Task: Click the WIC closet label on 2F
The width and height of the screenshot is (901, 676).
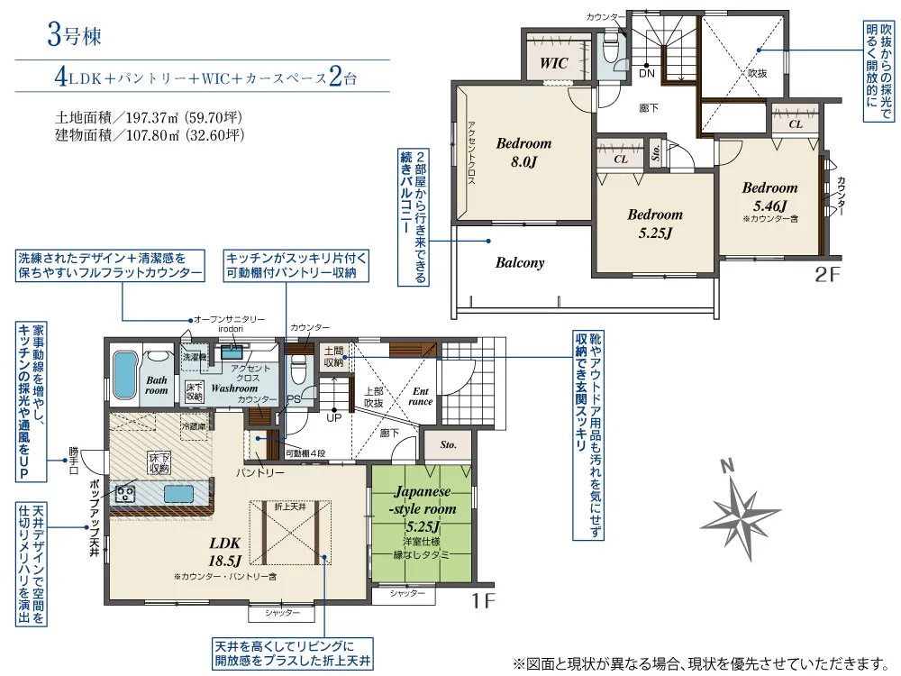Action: point(553,64)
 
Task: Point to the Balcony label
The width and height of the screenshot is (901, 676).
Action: point(520,263)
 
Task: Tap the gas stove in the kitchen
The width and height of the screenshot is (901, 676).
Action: point(124,493)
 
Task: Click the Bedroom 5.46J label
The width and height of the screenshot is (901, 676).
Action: point(769,196)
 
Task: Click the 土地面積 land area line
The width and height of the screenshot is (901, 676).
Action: point(150,117)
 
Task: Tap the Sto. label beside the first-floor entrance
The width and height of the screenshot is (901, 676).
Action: point(449,445)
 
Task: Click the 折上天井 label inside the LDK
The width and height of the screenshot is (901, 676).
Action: point(290,507)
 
